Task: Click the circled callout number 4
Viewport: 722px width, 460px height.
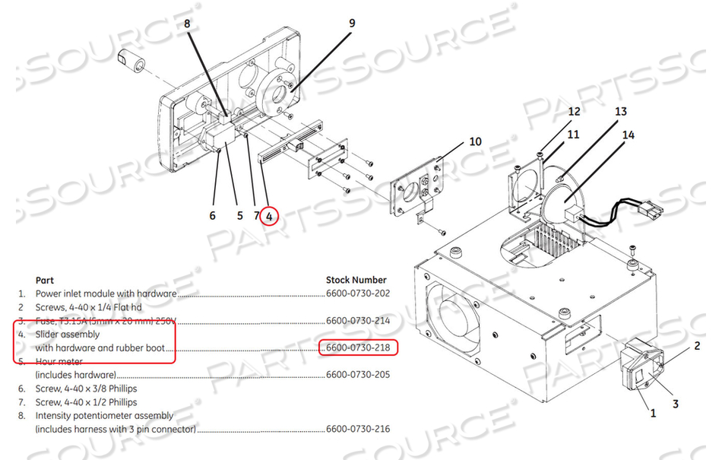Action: (269, 216)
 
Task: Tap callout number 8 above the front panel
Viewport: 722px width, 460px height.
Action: (188, 24)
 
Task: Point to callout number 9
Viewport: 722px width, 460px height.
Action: (351, 24)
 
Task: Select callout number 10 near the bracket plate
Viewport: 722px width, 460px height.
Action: (475, 141)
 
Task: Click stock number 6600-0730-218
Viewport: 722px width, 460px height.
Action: (358, 347)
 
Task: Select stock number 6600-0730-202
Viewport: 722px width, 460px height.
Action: (358, 293)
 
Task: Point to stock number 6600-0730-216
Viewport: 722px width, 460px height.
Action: (358, 429)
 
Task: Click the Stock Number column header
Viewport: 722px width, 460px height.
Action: (356, 280)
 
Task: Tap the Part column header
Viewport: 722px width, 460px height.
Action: (45, 280)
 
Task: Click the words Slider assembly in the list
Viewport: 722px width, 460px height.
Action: (68, 334)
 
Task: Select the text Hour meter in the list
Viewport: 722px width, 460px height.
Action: (62, 361)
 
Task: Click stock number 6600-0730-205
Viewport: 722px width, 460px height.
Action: (358, 375)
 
